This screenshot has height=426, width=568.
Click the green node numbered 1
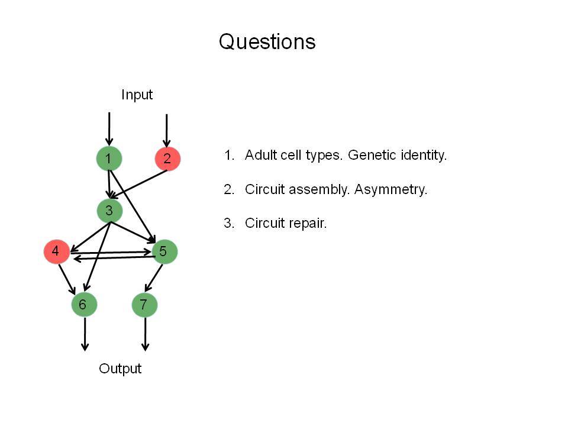[109, 159]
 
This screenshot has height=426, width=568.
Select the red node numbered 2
[167, 159]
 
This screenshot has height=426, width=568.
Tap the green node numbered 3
[110, 211]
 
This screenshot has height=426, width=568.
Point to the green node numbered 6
[84, 305]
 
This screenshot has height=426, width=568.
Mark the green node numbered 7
[144, 305]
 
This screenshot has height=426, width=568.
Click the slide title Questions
[267, 42]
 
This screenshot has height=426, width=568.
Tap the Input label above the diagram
[137, 95]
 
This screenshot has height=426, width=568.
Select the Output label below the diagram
[120, 369]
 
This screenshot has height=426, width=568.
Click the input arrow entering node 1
[109, 129]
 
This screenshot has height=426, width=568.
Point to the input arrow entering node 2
[167, 130]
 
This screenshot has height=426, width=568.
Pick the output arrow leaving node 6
[85, 334]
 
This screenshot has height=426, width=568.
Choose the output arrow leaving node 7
[146, 334]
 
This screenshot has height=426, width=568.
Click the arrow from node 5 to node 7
[154, 278]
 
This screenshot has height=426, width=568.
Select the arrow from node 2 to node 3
[138, 185]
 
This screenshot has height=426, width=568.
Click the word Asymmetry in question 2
[391, 190]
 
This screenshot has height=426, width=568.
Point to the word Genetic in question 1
[372, 155]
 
